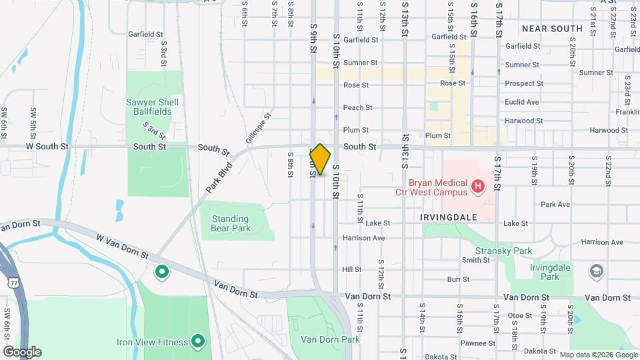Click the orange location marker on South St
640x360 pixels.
click(x=320, y=159)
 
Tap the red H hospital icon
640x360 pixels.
click(x=477, y=187)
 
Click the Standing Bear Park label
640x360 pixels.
click(x=230, y=223)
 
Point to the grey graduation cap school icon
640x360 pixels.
click(x=595, y=271)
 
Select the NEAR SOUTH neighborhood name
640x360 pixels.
click(x=552, y=29)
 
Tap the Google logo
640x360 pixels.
click(x=21, y=352)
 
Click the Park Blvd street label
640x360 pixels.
click(x=217, y=177)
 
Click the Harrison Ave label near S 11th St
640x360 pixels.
click(x=363, y=238)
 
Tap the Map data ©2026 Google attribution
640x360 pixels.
click(x=597, y=355)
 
